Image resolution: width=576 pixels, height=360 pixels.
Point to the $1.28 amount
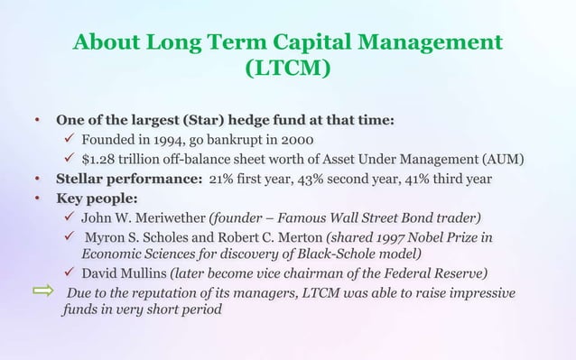[99, 161]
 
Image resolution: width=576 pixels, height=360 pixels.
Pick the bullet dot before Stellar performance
[38, 180]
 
